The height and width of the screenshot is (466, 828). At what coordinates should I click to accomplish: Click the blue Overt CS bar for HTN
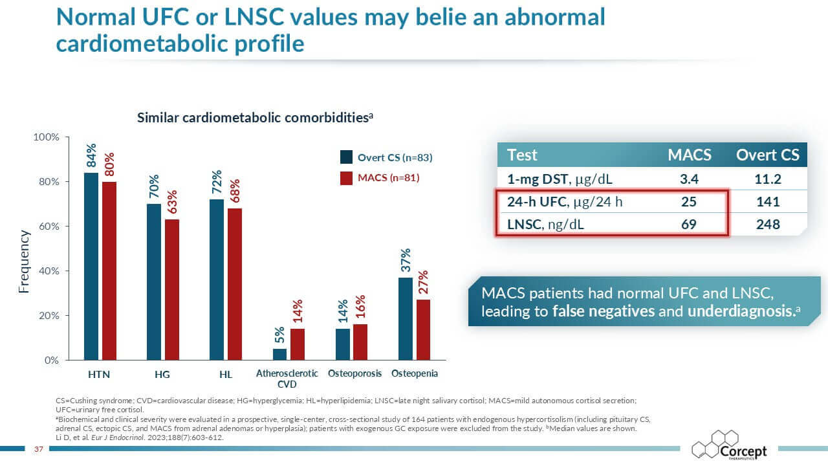pyautogui.click(x=91, y=266)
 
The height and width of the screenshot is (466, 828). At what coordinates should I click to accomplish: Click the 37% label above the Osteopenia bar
pyautogui.click(x=406, y=260)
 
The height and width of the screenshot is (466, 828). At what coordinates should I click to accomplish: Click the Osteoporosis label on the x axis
pyautogui.click(x=354, y=373)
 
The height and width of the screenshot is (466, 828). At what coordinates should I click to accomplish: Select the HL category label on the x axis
pyautogui.click(x=224, y=374)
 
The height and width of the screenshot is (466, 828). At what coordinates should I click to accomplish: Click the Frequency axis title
pyautogui.click(x=24, y=261)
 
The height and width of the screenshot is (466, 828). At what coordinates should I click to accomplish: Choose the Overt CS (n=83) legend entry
pyautogui.click(x=386, y=157)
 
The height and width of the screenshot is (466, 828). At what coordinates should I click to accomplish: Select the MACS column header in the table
pyautogui.click(x=689, y=155)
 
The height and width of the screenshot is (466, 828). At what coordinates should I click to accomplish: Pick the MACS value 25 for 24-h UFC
pyautogui.click(x=689, y=202)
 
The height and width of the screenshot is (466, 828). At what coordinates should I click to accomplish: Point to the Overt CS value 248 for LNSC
pyautogui.click(x=768, y=225)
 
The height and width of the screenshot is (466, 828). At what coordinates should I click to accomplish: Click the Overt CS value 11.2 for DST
pyautogui.click(x=768, y=179)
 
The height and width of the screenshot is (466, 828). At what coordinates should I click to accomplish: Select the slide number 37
pyautogui.click(x=38, y=449)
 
